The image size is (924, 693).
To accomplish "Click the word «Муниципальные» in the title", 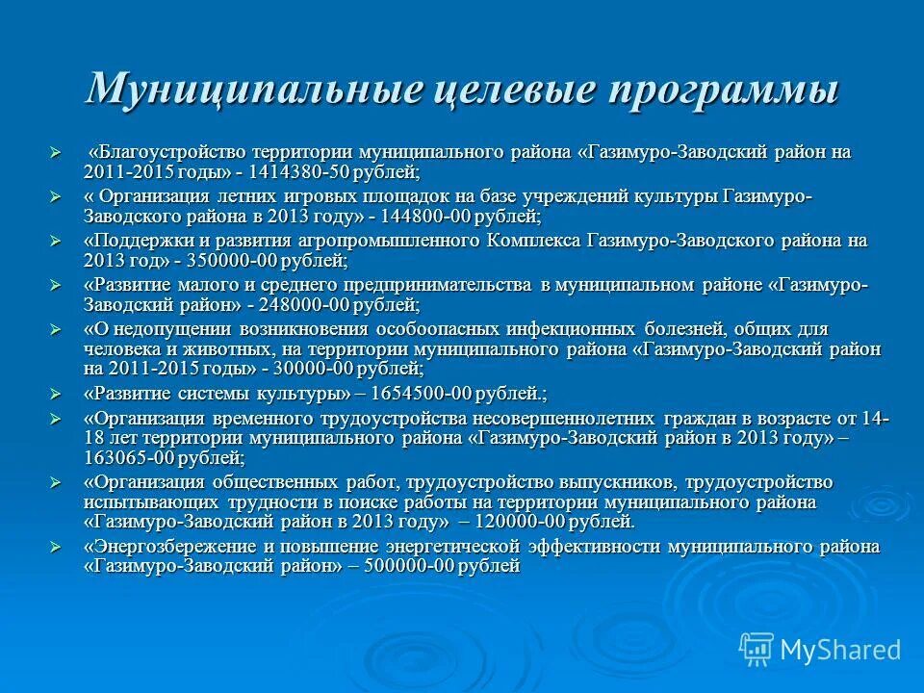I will pyautogui.click(x=254, y=90).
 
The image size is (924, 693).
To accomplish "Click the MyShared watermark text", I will pyautogui.click(x=840, y=650).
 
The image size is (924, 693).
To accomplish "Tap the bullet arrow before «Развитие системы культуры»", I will pyautogui.click(x=56, y=394).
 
